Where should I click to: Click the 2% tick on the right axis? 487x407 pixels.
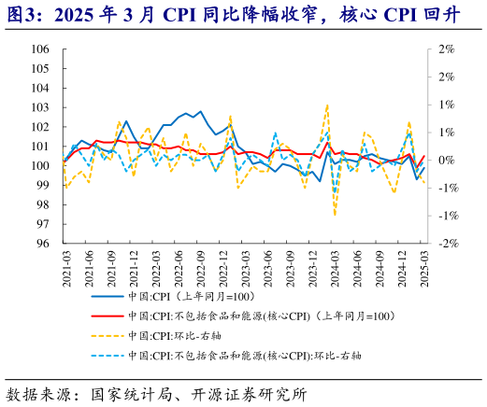coord(446,49)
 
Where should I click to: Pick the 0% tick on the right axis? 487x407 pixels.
coord(446,161)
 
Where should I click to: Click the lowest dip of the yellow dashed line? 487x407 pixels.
coord(336,215)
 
